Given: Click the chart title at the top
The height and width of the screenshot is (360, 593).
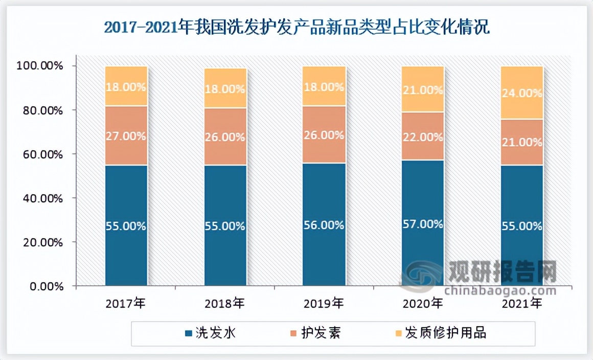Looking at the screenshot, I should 296,27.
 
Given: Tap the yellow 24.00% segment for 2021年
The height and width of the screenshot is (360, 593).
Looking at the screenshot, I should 522,93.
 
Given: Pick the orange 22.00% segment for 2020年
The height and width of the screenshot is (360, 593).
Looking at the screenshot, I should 423,136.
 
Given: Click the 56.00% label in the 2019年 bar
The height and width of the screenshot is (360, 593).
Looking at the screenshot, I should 324,225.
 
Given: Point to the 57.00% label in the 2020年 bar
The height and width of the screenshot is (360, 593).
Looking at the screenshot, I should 423,224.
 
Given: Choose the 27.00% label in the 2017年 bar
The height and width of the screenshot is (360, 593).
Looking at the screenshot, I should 126,137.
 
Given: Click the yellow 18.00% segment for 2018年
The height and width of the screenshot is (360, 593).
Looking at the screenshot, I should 225,88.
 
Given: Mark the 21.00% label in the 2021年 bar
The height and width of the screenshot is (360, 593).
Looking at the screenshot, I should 522,142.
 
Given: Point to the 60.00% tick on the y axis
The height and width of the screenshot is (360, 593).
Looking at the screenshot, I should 42,154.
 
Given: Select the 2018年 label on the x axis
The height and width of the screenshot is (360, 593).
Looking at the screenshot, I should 225,304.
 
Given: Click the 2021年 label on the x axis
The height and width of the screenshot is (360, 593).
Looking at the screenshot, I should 522,304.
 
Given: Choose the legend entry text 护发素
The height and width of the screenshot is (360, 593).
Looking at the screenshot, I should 321,333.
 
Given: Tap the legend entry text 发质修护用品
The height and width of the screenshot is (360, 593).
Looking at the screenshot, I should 445,333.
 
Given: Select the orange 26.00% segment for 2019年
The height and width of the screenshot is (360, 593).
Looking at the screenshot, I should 324,135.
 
